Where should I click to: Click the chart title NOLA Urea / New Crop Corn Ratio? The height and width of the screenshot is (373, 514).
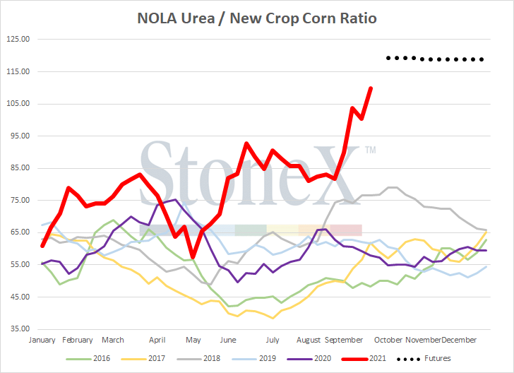coord(257,18)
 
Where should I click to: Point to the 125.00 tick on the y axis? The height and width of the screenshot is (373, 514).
coord(18,39)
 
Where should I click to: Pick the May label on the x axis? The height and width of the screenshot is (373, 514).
coord(193,340)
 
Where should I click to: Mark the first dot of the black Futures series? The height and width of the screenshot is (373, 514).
coord(388,57)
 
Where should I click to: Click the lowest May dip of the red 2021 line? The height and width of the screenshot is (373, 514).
coord(192,257)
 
